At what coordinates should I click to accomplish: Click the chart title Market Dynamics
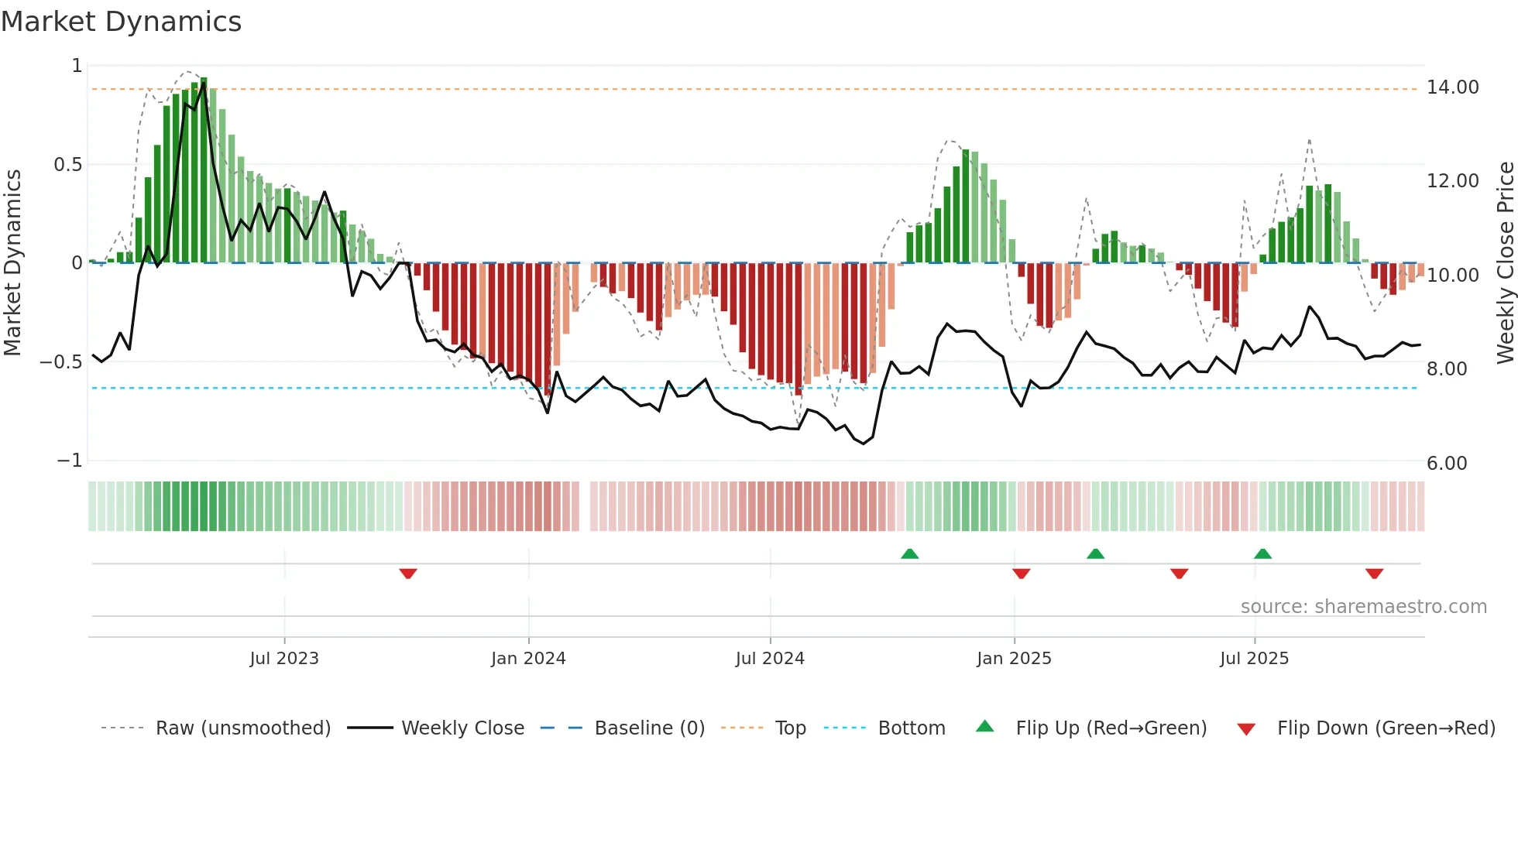(121, 22)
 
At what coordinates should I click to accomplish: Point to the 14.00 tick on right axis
(1452, 87)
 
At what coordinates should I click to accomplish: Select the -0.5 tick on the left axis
(61, 362)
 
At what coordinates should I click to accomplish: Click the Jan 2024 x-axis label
(528, 659)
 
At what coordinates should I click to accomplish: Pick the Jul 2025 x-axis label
(1254, 659)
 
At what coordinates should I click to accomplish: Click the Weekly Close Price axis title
(1505, 263)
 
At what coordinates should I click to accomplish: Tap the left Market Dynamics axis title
(12, 263)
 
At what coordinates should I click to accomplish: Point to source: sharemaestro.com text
(1363, 607)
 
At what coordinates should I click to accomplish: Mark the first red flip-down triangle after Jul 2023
(408, 574)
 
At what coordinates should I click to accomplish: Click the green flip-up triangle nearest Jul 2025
(1262, 553)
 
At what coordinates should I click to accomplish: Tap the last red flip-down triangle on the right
(1374, 574)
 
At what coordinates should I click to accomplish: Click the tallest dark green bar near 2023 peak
(204, 170)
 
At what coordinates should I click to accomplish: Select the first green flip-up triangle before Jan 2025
(910, 553)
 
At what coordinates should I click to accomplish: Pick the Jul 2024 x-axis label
(770, 659)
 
